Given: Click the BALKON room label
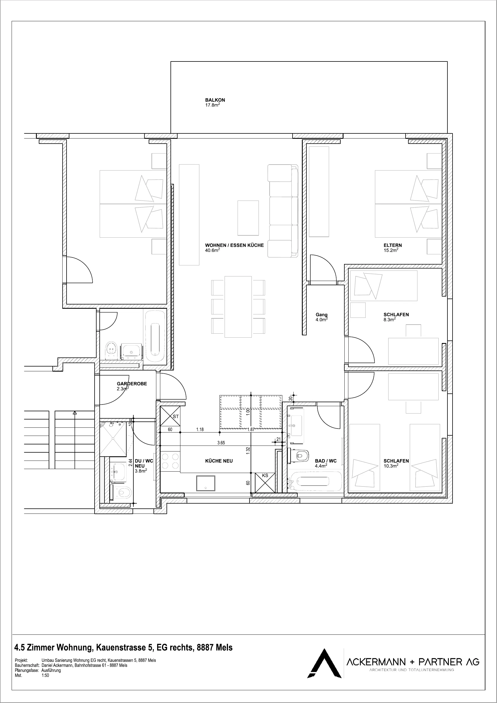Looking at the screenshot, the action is click(x=215, y=100).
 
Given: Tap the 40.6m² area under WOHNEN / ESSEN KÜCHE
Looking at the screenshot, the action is click(x=212, y=250).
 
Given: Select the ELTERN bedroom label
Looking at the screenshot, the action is click(x=393, y=245).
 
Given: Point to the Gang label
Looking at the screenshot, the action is click(x=321, y=314).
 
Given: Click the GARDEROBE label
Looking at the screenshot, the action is click(x=132, y=384).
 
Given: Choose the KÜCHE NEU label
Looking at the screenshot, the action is click(x=219, y=461).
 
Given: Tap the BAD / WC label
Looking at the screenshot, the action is click(x=326, y=461).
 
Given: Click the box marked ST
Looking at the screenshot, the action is click(x=170, y=416).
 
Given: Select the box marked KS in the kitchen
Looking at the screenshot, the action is click(x=265, y=483).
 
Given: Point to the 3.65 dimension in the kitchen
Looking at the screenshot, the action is click(x=221, y=443).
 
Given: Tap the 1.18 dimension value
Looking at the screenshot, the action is click(x=200, y=430).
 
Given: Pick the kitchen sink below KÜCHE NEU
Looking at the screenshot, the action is click(x=206, y=483).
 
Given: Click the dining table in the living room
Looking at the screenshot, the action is click(x=238, y=307).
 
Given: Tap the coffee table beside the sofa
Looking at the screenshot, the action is click(x=248, y=218).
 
